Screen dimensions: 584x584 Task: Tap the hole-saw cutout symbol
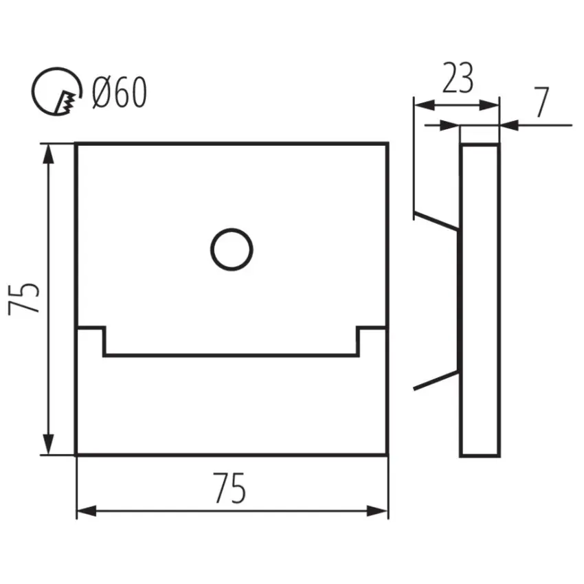point(56,91)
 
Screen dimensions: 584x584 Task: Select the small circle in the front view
point(232,249)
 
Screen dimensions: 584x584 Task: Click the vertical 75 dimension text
point(24,298)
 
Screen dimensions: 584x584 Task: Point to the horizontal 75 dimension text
point(229,488)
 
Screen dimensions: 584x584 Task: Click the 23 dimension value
point(458,78)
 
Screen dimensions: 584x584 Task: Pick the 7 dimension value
point(541,102)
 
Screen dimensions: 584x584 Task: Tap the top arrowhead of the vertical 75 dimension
point(48,153)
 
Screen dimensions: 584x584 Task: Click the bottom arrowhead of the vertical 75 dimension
point(48,445)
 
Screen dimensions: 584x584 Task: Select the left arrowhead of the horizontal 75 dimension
point(87,511)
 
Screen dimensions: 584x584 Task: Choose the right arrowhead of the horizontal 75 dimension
point(377,511)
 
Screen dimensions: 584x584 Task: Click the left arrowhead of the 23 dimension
point(425,105)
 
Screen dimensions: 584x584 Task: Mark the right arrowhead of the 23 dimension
point(489,105)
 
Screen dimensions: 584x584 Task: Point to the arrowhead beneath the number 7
point(509,126)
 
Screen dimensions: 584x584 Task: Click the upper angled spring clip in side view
point(436,222)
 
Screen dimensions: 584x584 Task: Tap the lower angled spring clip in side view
point(436,380)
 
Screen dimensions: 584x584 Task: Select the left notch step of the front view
point(91,341)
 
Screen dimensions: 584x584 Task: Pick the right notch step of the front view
point(372,341)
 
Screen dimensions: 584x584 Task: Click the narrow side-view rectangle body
point(480,300)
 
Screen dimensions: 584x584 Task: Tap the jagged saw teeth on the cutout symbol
point(67,101)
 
